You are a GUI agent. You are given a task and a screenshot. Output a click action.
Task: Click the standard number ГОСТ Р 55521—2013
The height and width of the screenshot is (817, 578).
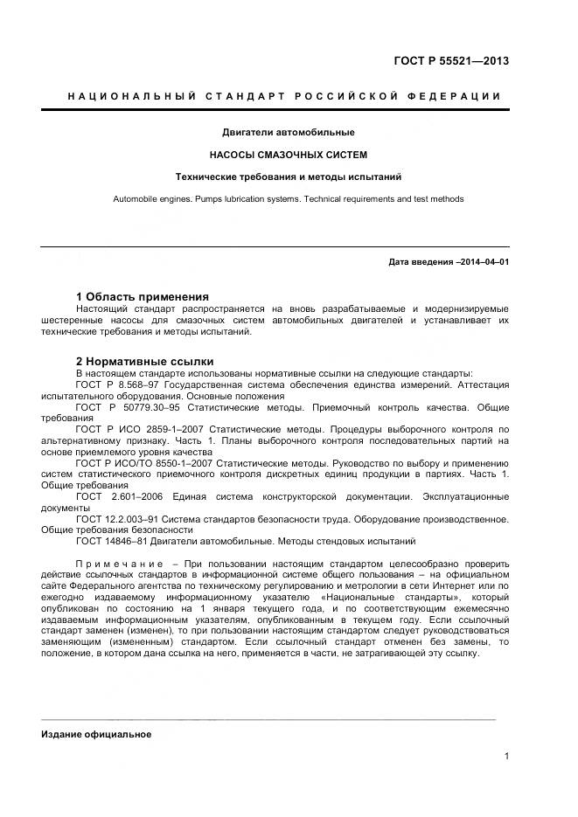[x=451, y=61]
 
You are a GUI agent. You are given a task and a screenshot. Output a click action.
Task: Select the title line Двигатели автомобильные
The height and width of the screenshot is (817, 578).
[x=288, y=133]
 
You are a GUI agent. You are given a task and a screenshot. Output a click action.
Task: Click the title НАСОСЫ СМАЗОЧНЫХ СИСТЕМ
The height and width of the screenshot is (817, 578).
[x=288, y=155]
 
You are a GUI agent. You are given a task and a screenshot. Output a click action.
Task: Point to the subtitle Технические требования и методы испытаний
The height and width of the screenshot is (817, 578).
[x=288, y=177]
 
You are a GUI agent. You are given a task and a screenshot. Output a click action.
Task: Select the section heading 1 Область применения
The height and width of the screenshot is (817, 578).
[x=142, y=296]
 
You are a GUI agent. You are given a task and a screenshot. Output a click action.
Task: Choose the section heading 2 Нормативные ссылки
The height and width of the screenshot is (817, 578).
[x=144, y=361]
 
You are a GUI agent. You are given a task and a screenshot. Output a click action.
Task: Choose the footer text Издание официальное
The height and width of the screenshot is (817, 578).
[x=96, y=734]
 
